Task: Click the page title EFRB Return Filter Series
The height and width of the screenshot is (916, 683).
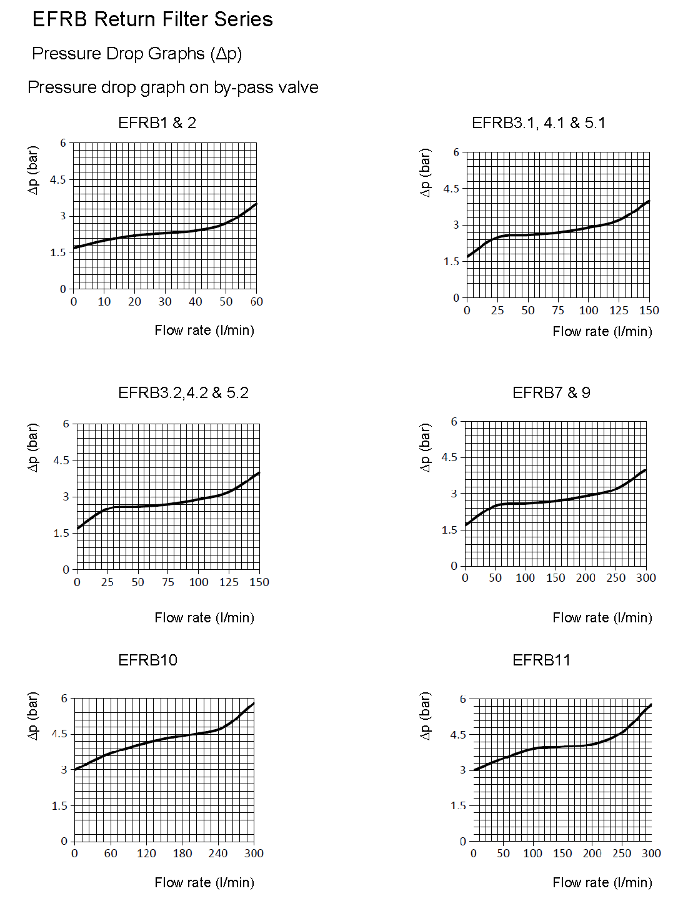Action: [x=152, y=19]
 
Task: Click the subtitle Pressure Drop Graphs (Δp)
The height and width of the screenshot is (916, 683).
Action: [x=137, y=54]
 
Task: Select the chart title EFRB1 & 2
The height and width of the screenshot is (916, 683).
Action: [x=157, y=122]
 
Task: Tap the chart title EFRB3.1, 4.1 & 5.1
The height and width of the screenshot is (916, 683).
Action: [x=539, y=122]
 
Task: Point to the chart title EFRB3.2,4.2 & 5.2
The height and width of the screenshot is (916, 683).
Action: [x=183, y=392]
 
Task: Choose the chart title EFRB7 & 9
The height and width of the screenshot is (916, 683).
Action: [x=551, y=392]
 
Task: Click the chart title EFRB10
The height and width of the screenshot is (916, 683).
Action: [x=147, y=660]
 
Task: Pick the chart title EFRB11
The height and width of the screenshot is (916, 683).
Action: [x=541, y=660]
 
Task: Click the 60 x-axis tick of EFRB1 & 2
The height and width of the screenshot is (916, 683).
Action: [x=256, y=301]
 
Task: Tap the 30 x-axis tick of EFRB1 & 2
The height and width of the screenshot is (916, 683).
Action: [x=165, y=301]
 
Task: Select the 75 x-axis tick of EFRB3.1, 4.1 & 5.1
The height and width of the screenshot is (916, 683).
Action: [x=558, y=310]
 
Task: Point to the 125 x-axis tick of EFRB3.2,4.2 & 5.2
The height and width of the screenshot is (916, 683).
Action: [x=229, y=582]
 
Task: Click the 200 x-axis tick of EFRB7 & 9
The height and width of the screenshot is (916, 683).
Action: [x=586, y=578]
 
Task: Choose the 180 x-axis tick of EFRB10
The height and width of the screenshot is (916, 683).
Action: [x=182, y=853]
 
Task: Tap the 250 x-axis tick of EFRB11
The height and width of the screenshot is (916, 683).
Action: [x=622, y=853]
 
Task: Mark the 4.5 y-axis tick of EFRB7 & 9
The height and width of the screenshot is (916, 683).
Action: [x=449, y=457]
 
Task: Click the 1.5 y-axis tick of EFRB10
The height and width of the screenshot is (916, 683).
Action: [x=59, y=805]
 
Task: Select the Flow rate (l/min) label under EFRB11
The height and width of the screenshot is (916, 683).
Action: [x=602, y=882]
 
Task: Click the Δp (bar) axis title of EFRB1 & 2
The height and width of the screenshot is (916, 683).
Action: [x=33, y=170]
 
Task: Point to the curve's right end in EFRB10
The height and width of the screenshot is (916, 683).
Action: [x=254, y=703]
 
